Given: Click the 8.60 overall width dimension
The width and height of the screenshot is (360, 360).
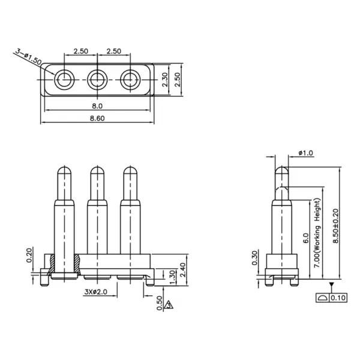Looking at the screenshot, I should coord(97,118).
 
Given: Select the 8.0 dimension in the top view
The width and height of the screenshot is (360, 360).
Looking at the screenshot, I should coord(96,106).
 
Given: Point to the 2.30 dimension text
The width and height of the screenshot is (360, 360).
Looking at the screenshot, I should coord(166,79).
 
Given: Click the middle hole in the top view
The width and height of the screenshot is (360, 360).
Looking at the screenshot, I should coord(96,79).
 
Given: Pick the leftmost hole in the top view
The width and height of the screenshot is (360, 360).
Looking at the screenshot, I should coord(64,79).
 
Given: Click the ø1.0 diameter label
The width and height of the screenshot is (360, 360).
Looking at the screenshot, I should coord(305,154).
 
